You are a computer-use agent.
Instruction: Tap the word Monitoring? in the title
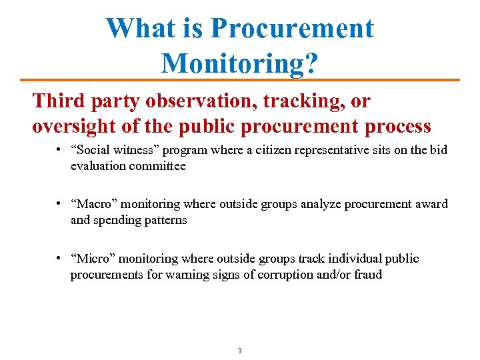[x=239, y=63]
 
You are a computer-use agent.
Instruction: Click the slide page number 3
[x=239, y=350]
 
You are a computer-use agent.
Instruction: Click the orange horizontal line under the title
[x=240, y=80]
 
